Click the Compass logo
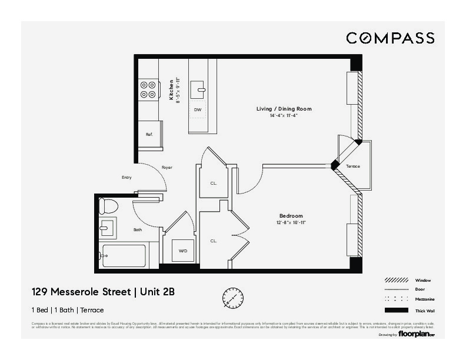(x=390, y=38)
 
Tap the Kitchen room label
(x=171, y=91)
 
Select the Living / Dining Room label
(x=284, y=109)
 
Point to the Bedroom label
(x=291, y=216)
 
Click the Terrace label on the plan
(x=352, y=166)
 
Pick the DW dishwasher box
(x=198, y=110)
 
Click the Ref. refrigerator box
(x=149, y=135)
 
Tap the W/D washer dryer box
(x=183, y=251)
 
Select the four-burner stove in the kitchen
(x=148, y=89)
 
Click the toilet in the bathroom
(x=108, y=206)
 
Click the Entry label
(x=127, y=178)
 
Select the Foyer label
(x=167, y=168)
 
